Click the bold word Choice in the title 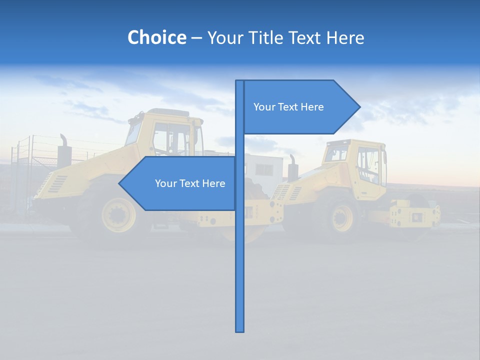pos(156,37)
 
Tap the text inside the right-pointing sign pos(288,107)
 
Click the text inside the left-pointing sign pos(190,183)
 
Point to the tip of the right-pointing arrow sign pos(359,107)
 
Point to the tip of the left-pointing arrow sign pos(119,183)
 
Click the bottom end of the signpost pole pos(240,330)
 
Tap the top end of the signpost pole pos(240,81)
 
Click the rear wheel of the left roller pos(118,214)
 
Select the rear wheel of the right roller pos(341,217)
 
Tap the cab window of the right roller pos(368,165)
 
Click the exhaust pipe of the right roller pos(292,167)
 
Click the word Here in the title pos(345,37)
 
